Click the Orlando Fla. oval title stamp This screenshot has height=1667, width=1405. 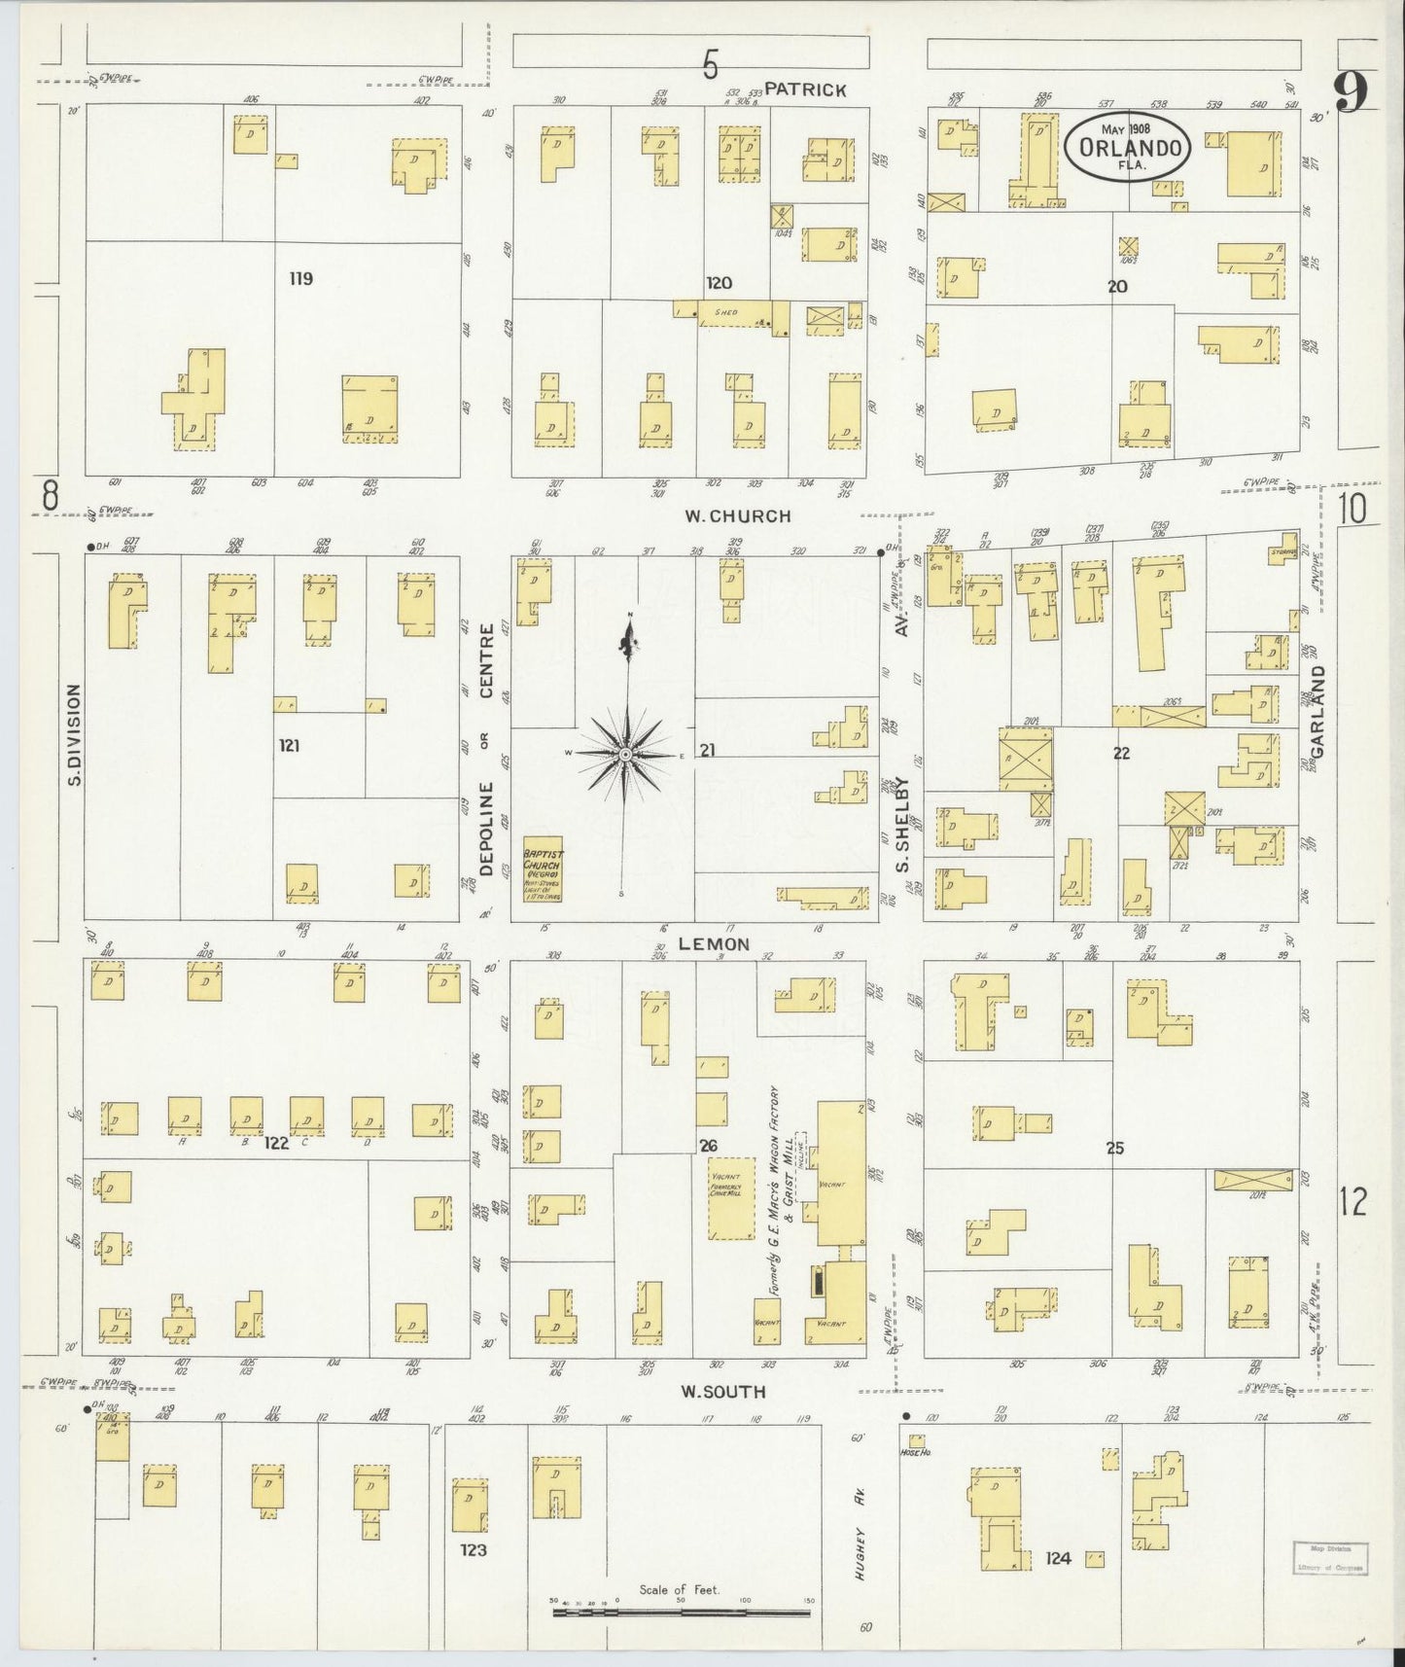pyautogui.click(x=1127, y=147)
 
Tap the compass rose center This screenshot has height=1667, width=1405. pyautogui.click(x=625, y=754)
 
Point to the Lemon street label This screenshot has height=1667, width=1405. pyautogui.click(x=714, y=944)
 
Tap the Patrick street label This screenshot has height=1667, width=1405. pyautogui.click(x=805, y=89)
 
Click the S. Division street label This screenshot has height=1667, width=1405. pyautogui.click(x=75, y=735)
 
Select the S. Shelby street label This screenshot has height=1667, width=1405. pyautogui.click(x=901, y=825)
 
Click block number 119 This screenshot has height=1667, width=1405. pyautogui.click(x=300, y=279)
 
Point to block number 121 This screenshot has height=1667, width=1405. pyautogui.click(x=289, y=746)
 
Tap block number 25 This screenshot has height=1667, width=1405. pyautogui.click(x=1114, y=1149)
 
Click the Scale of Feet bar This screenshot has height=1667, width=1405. pyautogui.click(x=681, y=1613)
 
